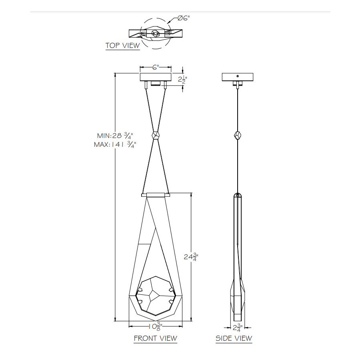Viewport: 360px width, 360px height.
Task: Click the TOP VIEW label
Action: [x=123, y=46]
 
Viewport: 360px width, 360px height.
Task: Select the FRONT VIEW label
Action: [x=156, y=338]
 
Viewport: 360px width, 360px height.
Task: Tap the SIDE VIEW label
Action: [x=234, y=338]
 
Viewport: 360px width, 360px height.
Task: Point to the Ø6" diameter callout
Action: [x=184, y=18]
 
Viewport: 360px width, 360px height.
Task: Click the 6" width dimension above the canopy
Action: [x=156, y=67]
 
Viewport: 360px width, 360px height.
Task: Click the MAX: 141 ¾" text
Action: [x=115, y=145]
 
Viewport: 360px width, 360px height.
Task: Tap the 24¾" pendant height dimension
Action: [x=191, y=257]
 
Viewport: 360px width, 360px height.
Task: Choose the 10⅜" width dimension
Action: [x=156, y=326]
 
